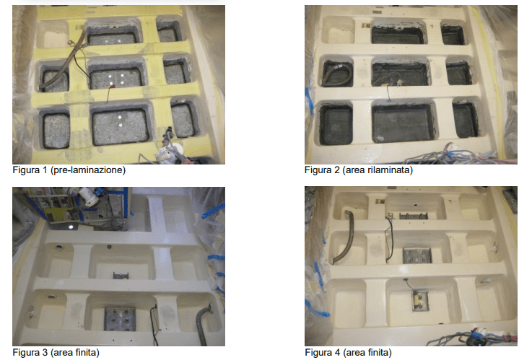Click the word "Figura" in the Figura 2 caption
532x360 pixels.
coord(318,170)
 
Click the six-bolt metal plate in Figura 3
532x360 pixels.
coord(120,318)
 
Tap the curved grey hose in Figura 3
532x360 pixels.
coord(204,317)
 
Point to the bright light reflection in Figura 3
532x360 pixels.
coord(71,227)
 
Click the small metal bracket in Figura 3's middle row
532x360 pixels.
coord(121,275)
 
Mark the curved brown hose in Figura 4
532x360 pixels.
coord(345,237)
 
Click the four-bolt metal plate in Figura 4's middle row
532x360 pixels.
coord(417,255)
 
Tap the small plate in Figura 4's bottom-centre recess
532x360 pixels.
coord(420,299)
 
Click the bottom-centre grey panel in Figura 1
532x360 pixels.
coord(121,126)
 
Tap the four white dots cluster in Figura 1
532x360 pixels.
coord(116,79)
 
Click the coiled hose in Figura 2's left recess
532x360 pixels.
coord(337,74)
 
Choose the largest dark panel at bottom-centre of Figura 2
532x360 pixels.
coord(403,123)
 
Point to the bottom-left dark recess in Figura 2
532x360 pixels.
coord(336,124)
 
